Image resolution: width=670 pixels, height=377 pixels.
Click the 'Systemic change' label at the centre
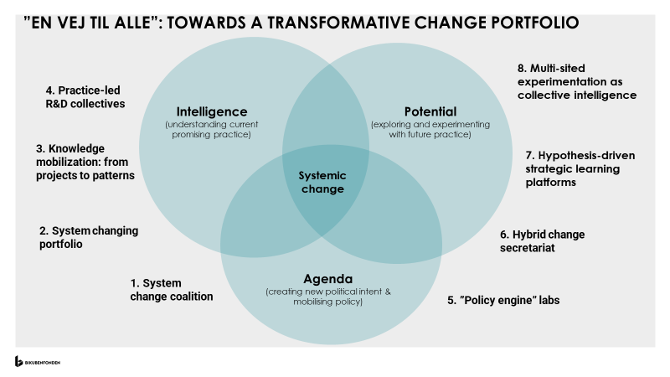pyautogui.click(x=322, y=183)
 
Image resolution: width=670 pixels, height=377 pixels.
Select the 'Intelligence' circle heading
pyautogui.click(x=212, y=111)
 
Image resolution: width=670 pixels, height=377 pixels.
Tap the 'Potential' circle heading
pyautogui.click(x=430, y=111)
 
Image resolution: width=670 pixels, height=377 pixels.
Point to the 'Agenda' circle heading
pyautogui.click(x=327, y=278)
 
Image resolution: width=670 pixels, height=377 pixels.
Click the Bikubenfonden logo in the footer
pyautogui.click(x=38, y=361)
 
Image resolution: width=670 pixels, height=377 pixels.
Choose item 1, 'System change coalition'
pyautogui.click(x=171, y=290)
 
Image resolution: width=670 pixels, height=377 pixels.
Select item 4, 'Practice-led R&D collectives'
pyautogui.click(x=85, y=97)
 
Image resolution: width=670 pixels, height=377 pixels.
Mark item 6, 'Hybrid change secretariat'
pyautogui.click(x=542, y=241)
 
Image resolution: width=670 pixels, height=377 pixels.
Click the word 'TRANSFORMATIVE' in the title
pyautogui.click(x=322, y=23)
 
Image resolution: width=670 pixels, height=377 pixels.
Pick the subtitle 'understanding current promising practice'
pyautogui.click(x=212, y=130)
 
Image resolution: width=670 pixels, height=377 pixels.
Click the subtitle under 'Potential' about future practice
pyautogui.click(x=430, y=130)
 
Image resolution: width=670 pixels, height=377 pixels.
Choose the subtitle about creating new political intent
pyautogui.click(x=328, y=297)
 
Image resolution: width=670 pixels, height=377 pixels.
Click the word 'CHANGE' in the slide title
pyautogui.click(x=435, y=23)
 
